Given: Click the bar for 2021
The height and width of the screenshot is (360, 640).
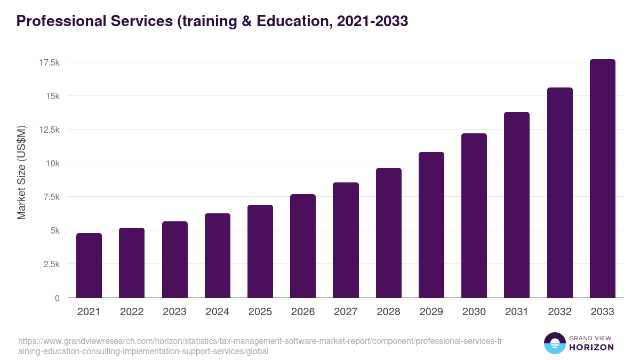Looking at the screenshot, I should point(89,266).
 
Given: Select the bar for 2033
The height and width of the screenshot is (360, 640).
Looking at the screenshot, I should point(602,179).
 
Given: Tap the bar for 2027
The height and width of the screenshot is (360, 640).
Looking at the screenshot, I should point(346,240).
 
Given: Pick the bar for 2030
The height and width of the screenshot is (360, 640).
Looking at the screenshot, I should point(474,215).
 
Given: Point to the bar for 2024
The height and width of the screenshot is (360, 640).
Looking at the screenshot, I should point(218,255).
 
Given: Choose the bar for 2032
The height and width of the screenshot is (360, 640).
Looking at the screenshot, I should point(559,193).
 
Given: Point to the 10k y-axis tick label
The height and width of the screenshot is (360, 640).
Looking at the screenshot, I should point(52,163).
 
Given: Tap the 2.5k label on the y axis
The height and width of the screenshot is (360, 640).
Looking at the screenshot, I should point(51,264).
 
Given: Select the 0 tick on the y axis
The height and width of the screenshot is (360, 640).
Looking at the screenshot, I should point(57,298).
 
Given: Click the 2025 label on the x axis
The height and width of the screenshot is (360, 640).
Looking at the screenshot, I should point(260,312).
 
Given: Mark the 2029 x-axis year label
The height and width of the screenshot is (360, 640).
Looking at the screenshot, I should point(431,312).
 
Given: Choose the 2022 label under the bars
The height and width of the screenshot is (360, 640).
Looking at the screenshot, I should point(132,312).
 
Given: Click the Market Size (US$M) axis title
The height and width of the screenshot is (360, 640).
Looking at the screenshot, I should point(21,172).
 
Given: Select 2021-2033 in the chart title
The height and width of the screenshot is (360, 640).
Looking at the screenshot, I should point(373,21).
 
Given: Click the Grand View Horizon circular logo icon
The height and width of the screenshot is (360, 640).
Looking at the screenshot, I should point(554,343).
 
